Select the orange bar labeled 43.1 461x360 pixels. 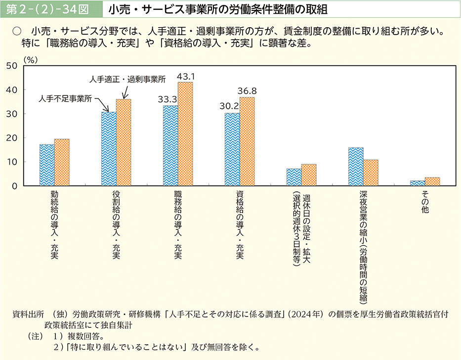pyautogui.click(x=185, y=134)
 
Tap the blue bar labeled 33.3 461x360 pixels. pyautogui.click(x=170, y=146)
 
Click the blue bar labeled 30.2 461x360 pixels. pyautogui.click(x=232, y=149)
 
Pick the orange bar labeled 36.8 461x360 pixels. pyautogui.click(x=247, y=141)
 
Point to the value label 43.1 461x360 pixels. pyautogui.click(x=187, y=77)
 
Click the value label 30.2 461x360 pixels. pyautogui.click(x=229, y=106)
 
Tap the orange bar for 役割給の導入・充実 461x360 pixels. pyautogui.click(x=124, y=142)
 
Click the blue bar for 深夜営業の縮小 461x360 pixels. pyautogui.click(x=356, y=167)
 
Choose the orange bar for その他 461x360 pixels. pyautogui.click(x=432, y=181)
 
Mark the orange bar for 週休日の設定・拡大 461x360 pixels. pyautogui.click(x=309, y=175)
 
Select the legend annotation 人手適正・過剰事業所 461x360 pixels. pyautogui.click(x=127, y=79)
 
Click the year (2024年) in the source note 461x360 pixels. pyautogui.click(x=310, y=315)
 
